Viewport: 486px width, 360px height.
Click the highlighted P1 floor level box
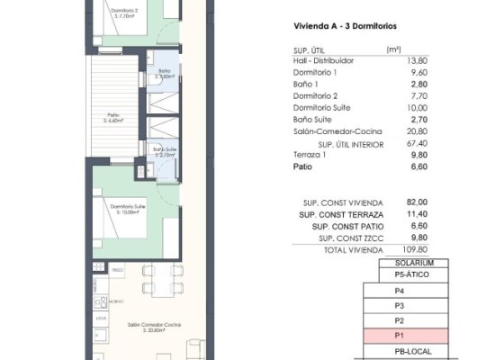pyautogui.click(x=400, y=335)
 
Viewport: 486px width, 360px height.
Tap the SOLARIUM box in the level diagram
pyautogui.click(x=400, y=262)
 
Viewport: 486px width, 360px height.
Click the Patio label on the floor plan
pyautogui.click(x=112, y=115)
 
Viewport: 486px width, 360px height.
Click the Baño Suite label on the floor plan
pyautogui.click(x=163, y=149)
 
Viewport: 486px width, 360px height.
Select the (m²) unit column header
pyautogui.click(x=393, y=49)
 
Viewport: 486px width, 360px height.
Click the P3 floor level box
pyautogui.click(x=400, y=306)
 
